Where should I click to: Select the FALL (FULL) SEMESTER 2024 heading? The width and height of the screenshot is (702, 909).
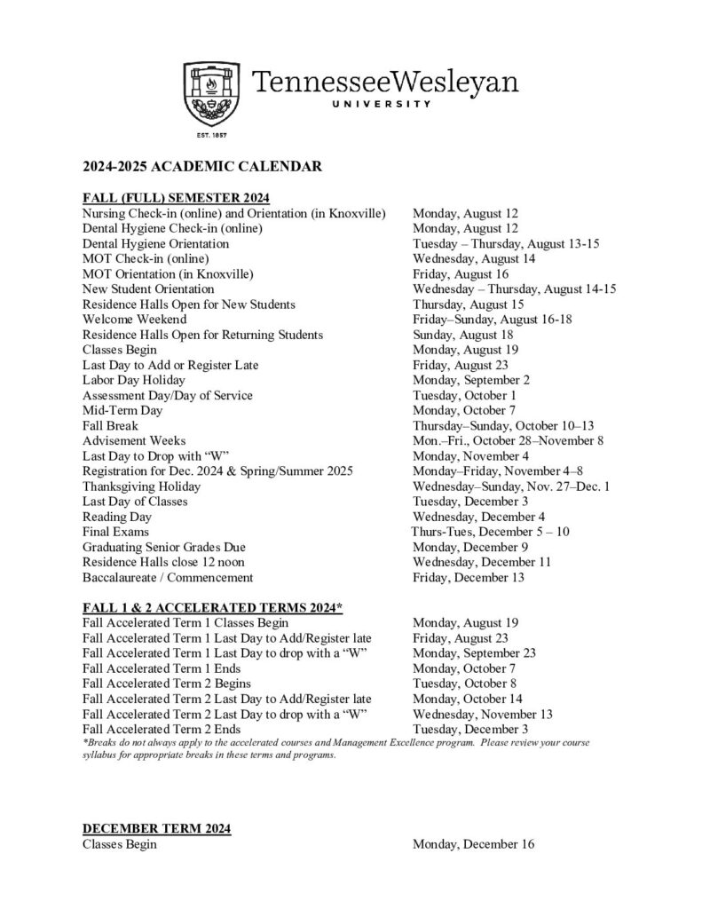coord(176,197)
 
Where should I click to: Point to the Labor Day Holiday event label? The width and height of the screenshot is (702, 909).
coord(134,380)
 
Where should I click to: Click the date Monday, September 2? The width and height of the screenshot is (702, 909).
coord(471,380)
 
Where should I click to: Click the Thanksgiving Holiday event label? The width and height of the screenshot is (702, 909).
coord(142,486)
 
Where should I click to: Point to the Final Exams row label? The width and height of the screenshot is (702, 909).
coord(115,532)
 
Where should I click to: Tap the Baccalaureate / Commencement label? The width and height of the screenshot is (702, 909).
coord(168,577)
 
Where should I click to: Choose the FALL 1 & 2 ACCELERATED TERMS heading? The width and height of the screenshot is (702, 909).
coord(212,607)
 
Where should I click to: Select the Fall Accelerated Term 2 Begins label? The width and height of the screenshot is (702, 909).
coord(166,684)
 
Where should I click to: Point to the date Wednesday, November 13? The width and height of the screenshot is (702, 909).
coord(483,714)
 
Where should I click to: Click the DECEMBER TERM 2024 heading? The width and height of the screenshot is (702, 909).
coord(157,828)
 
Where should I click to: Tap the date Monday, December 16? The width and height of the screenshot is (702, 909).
coord(473,844)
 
